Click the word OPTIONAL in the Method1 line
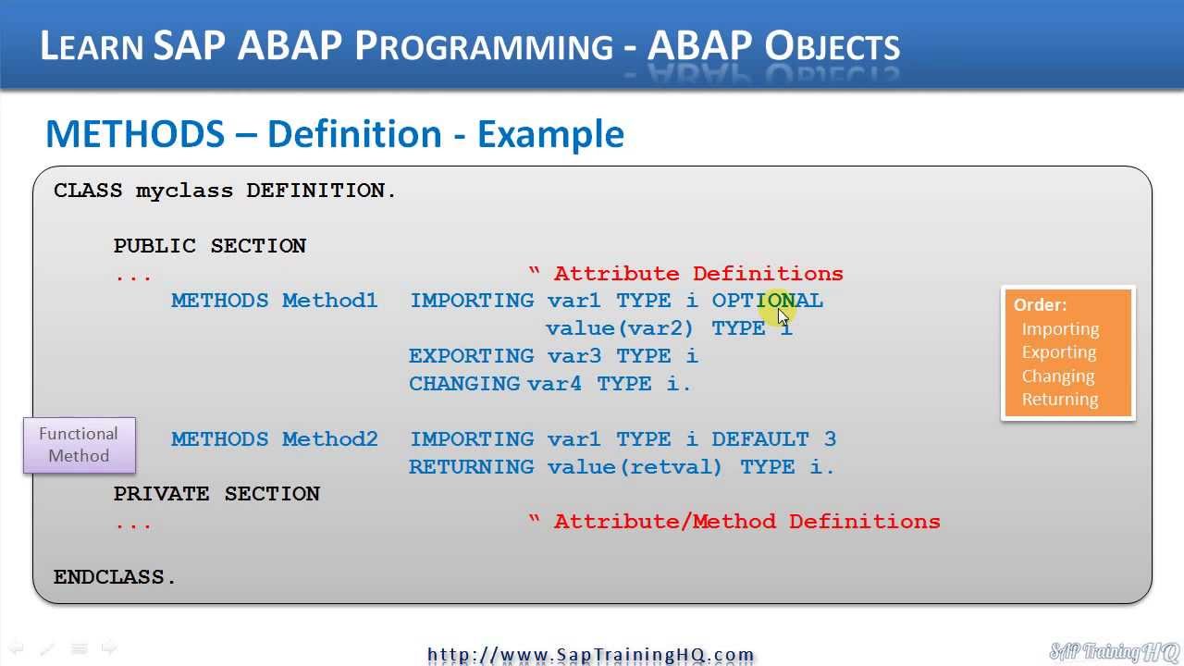tap(767, 301)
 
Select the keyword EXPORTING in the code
tap(470, 356)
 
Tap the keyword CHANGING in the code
tap(464, 384)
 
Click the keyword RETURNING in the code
tap(471, 467)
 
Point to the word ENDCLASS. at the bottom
tap(115, 577)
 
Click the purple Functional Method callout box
tap(80, 445)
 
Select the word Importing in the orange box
tap(1060, 329)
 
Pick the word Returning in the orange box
tap(1060, 400)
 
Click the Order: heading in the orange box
tap(1040, 305)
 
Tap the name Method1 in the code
tap(329, 301)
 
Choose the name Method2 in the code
tap(329, 439)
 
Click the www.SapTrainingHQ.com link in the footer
tap(591, 655)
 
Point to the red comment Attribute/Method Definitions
tap(746, 522)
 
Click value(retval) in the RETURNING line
tap(635, 467)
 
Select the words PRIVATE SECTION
tap(216, 494)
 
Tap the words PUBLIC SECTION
tap(210, 246)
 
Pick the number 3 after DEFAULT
tap(830, 439)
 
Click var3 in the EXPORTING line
tap(573, 356)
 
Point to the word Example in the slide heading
tap(550, 135)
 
